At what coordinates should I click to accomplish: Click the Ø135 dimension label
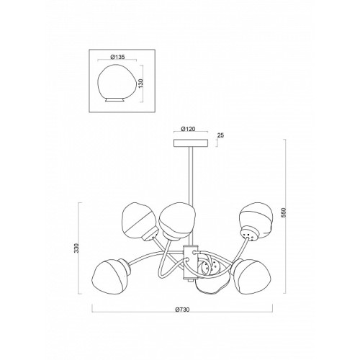117,57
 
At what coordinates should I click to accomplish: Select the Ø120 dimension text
188,129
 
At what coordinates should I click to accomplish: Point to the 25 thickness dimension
220,135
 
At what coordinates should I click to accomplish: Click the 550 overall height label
284,212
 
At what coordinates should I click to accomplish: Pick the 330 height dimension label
76,248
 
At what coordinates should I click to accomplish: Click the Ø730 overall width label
182,310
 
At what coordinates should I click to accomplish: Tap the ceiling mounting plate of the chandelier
191,143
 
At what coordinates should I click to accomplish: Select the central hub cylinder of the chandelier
191,262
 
